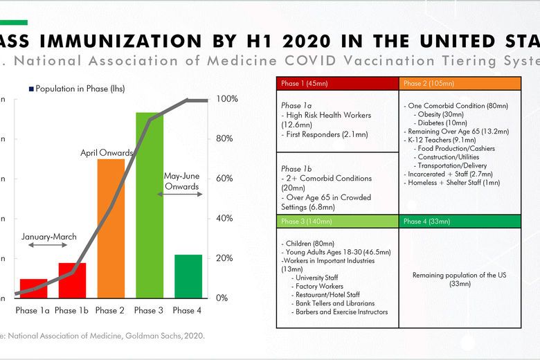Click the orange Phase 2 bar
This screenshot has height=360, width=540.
(110, 228)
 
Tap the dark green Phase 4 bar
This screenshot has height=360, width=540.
(188, 276)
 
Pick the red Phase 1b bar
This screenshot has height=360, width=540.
(72, 280)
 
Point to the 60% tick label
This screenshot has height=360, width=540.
(225, 179)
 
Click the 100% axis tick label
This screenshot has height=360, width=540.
(226, 99)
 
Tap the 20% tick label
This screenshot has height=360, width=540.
(225, 258)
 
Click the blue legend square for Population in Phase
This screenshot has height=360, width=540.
(31, 89)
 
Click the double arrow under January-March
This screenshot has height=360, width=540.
(48, 246)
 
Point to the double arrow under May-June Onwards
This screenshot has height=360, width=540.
(181, 195)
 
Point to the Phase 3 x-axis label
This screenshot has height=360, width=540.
(150, 311)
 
